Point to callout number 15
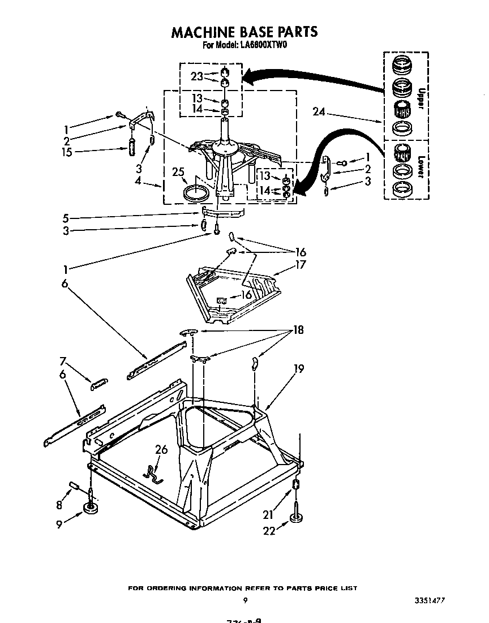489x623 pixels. coord(67,152)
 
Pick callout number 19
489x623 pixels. coord(299,369)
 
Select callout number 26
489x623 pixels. coord(161,450)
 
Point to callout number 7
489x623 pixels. coord(63,360)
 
